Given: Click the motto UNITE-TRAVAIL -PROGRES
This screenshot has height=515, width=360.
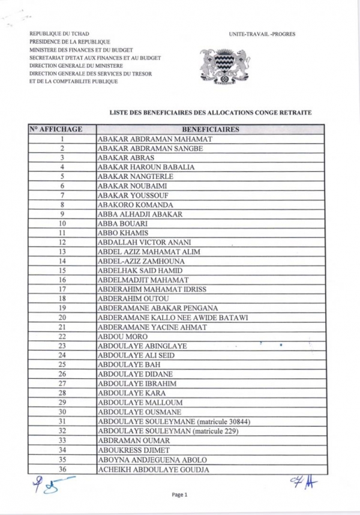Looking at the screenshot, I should click(262, 35).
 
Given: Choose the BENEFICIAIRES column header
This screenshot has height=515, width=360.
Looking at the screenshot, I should click(210, 129).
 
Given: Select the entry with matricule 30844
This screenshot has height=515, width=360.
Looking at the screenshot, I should click(173, 422).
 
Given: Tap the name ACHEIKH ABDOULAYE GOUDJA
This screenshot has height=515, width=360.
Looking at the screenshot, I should click(153, 469).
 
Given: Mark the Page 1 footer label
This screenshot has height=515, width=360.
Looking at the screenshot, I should click(180, 495).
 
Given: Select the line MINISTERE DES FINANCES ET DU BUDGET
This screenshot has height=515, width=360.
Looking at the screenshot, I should click(82, 49).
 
